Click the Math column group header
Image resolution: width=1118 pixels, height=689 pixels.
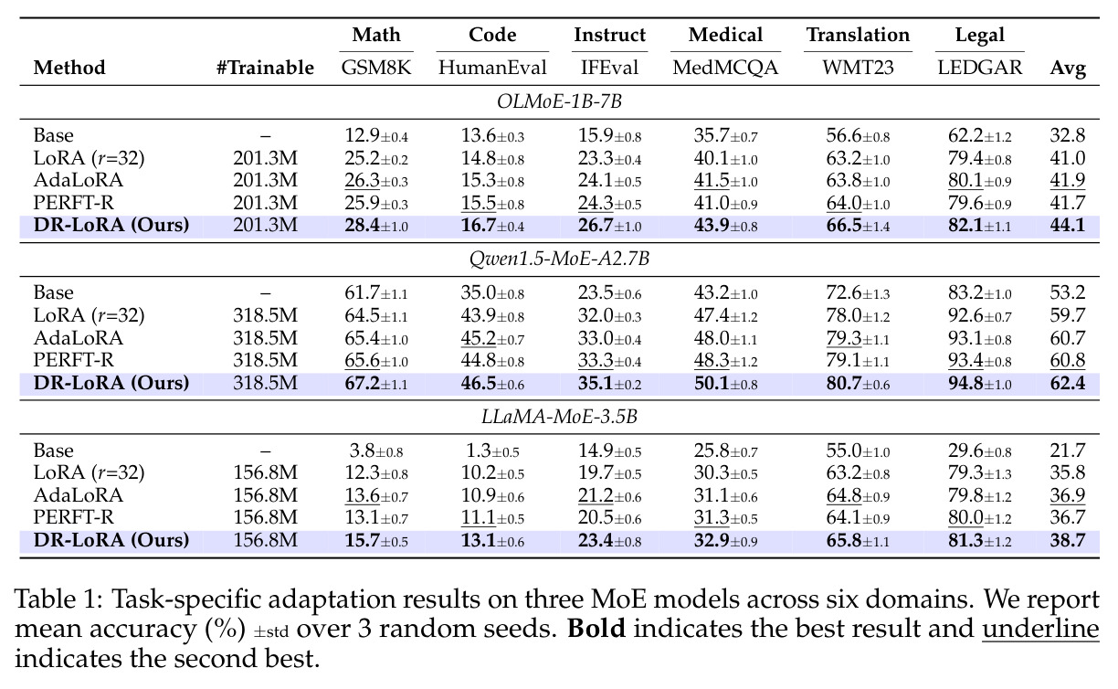tap(376, 35)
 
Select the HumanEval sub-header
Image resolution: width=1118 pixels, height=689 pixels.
tap(492, 68)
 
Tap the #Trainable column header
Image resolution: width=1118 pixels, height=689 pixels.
tap(265, 68)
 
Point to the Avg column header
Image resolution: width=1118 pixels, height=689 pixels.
tap(1068, 69)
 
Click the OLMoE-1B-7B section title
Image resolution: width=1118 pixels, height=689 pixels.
tap(560, 101)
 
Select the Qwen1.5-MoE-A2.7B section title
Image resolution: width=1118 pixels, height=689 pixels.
tap(560, 260)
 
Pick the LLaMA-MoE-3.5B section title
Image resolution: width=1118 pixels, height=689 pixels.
tap(560, 417)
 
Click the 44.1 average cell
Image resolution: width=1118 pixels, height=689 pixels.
tap(1068, 225)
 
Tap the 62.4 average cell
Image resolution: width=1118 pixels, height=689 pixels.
tap(1068, 383)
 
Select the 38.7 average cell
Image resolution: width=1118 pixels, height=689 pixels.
tap(1068, 540)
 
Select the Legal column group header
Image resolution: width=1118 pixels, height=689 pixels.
tap(980, 36)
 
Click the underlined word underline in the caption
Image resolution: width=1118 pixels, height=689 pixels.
tap(1040, 629)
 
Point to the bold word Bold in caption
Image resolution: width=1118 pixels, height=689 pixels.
tap(596, 629)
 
